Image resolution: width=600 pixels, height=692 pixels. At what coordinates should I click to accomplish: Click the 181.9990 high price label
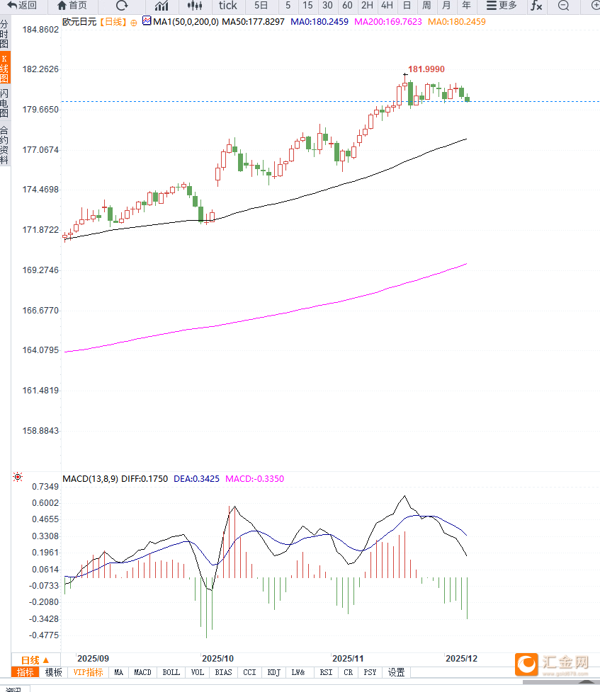coord(426,69)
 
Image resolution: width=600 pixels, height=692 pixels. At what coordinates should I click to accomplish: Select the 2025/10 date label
coord(217,658)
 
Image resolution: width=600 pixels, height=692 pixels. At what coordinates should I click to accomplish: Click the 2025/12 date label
coord(461,658)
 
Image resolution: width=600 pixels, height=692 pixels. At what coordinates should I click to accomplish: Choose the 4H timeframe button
coord(387,6)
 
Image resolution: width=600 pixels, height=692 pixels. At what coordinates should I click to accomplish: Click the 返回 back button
coord(22,6)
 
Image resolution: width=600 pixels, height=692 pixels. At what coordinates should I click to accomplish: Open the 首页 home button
coord(72,6)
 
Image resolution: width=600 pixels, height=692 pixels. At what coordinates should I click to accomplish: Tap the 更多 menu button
coord(502,6)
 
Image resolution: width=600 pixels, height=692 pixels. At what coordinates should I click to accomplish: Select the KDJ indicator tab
coord(274,672)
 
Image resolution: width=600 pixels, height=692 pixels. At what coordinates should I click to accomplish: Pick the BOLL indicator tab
coord(171,672)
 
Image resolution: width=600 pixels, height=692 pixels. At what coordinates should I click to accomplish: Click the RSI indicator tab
coord(326,672)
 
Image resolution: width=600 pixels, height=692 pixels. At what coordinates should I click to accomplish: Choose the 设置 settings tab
coord(396,672)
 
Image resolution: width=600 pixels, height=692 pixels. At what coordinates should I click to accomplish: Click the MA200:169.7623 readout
coord(387,22)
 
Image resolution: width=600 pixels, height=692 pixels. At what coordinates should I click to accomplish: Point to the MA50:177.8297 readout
coord(253,22)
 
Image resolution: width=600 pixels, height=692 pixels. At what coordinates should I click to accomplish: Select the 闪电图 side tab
coord(5,103)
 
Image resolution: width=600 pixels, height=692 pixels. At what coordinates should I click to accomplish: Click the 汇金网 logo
coord(553,664)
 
